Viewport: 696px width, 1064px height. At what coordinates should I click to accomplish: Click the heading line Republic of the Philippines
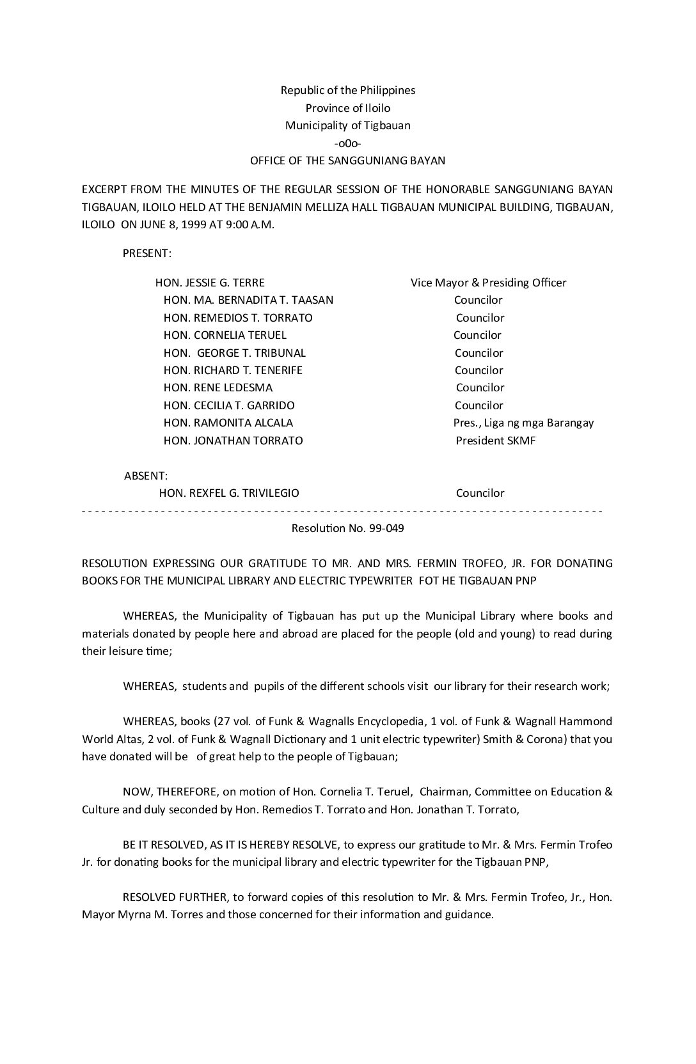[347, 90]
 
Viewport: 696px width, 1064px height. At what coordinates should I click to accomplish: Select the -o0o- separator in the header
[347, 143]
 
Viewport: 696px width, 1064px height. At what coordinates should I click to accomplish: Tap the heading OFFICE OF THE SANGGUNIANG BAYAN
[347, 160]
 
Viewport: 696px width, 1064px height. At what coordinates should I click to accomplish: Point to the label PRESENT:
[146, 253]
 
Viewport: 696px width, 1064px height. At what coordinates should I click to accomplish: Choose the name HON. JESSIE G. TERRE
[210, 283]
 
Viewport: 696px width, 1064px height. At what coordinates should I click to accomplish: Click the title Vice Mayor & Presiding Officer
[488, 283]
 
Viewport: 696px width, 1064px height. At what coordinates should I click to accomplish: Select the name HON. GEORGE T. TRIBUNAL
[234, 353]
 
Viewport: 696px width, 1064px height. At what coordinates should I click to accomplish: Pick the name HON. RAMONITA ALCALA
[228, 423]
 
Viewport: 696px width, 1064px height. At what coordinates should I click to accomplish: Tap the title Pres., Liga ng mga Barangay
[523, 423]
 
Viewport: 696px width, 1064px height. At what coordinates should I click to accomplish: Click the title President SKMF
[495, 441]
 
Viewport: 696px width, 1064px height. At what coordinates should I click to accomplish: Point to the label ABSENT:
[146, 476]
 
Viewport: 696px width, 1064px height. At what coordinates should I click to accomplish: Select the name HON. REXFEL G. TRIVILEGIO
[229, 493]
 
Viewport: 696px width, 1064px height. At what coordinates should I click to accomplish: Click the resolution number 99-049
[382, 528]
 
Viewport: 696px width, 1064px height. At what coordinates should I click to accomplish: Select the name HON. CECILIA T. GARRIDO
[229, 405]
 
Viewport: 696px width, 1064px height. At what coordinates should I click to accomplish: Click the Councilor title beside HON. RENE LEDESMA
[480, 387]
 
